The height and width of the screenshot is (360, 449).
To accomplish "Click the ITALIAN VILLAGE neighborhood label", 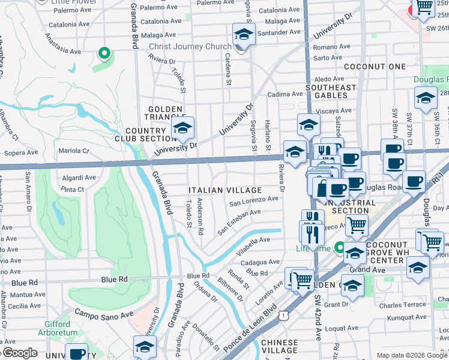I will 225,190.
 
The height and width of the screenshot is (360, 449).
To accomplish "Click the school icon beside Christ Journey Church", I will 244,35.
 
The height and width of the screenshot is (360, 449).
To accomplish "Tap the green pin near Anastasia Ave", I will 104,54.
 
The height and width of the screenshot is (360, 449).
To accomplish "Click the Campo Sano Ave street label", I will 104,314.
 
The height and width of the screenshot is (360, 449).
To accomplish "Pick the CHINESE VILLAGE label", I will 280,346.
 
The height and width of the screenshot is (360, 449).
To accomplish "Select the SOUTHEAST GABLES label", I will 331,92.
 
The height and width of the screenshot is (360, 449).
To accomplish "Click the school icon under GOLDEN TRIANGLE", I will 182,128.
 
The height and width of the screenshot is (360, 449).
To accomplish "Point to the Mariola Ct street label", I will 73,151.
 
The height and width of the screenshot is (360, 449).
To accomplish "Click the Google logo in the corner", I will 19,353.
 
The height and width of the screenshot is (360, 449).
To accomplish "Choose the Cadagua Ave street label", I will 260,262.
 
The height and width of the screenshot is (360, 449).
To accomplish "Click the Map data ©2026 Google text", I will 411,355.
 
